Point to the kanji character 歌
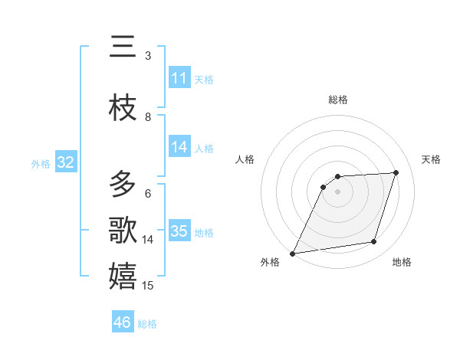pyautogui.click(x=123, y=230)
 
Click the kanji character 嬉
pyautogui.click(x=123, y=276)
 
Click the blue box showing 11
pyautogui.click(x=179, y=78)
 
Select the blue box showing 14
pyautogui.click(x=179, y=147)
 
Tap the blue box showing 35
pyautogui.click(x=179, y=231)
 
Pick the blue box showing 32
pyautogui.click(x=65, y=162)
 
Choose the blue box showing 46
pyautogui.click(x=123, y=322)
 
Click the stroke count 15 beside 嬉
pyautogui.click(x=149, y=286)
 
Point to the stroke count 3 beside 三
pyautogui.click(x=148, y=56)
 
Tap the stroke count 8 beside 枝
pyautogui.click(x=148, y=117)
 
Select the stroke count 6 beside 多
pyautogui.click(x=148, y=194)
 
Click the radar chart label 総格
pyautogui.click(x=337, y=100)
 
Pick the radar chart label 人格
pyautogui.click(x=245, y=159)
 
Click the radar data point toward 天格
pyautogui.click(x=396, y=172)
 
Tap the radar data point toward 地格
pyautogui.click(x=374, y=242)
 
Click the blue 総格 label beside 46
pyautogui.click(x=147, y=324)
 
